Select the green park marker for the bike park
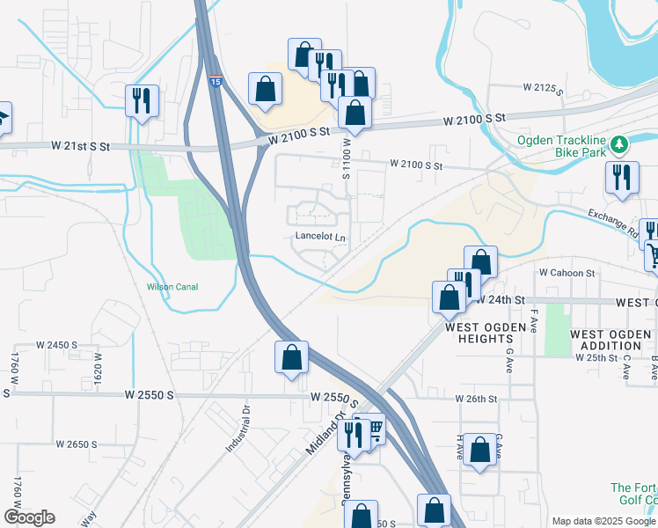(619, 143)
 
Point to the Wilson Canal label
(172, 287)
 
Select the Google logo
(29, 517)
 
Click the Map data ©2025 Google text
(603, 521)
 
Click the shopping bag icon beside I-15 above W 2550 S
(291, 356)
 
